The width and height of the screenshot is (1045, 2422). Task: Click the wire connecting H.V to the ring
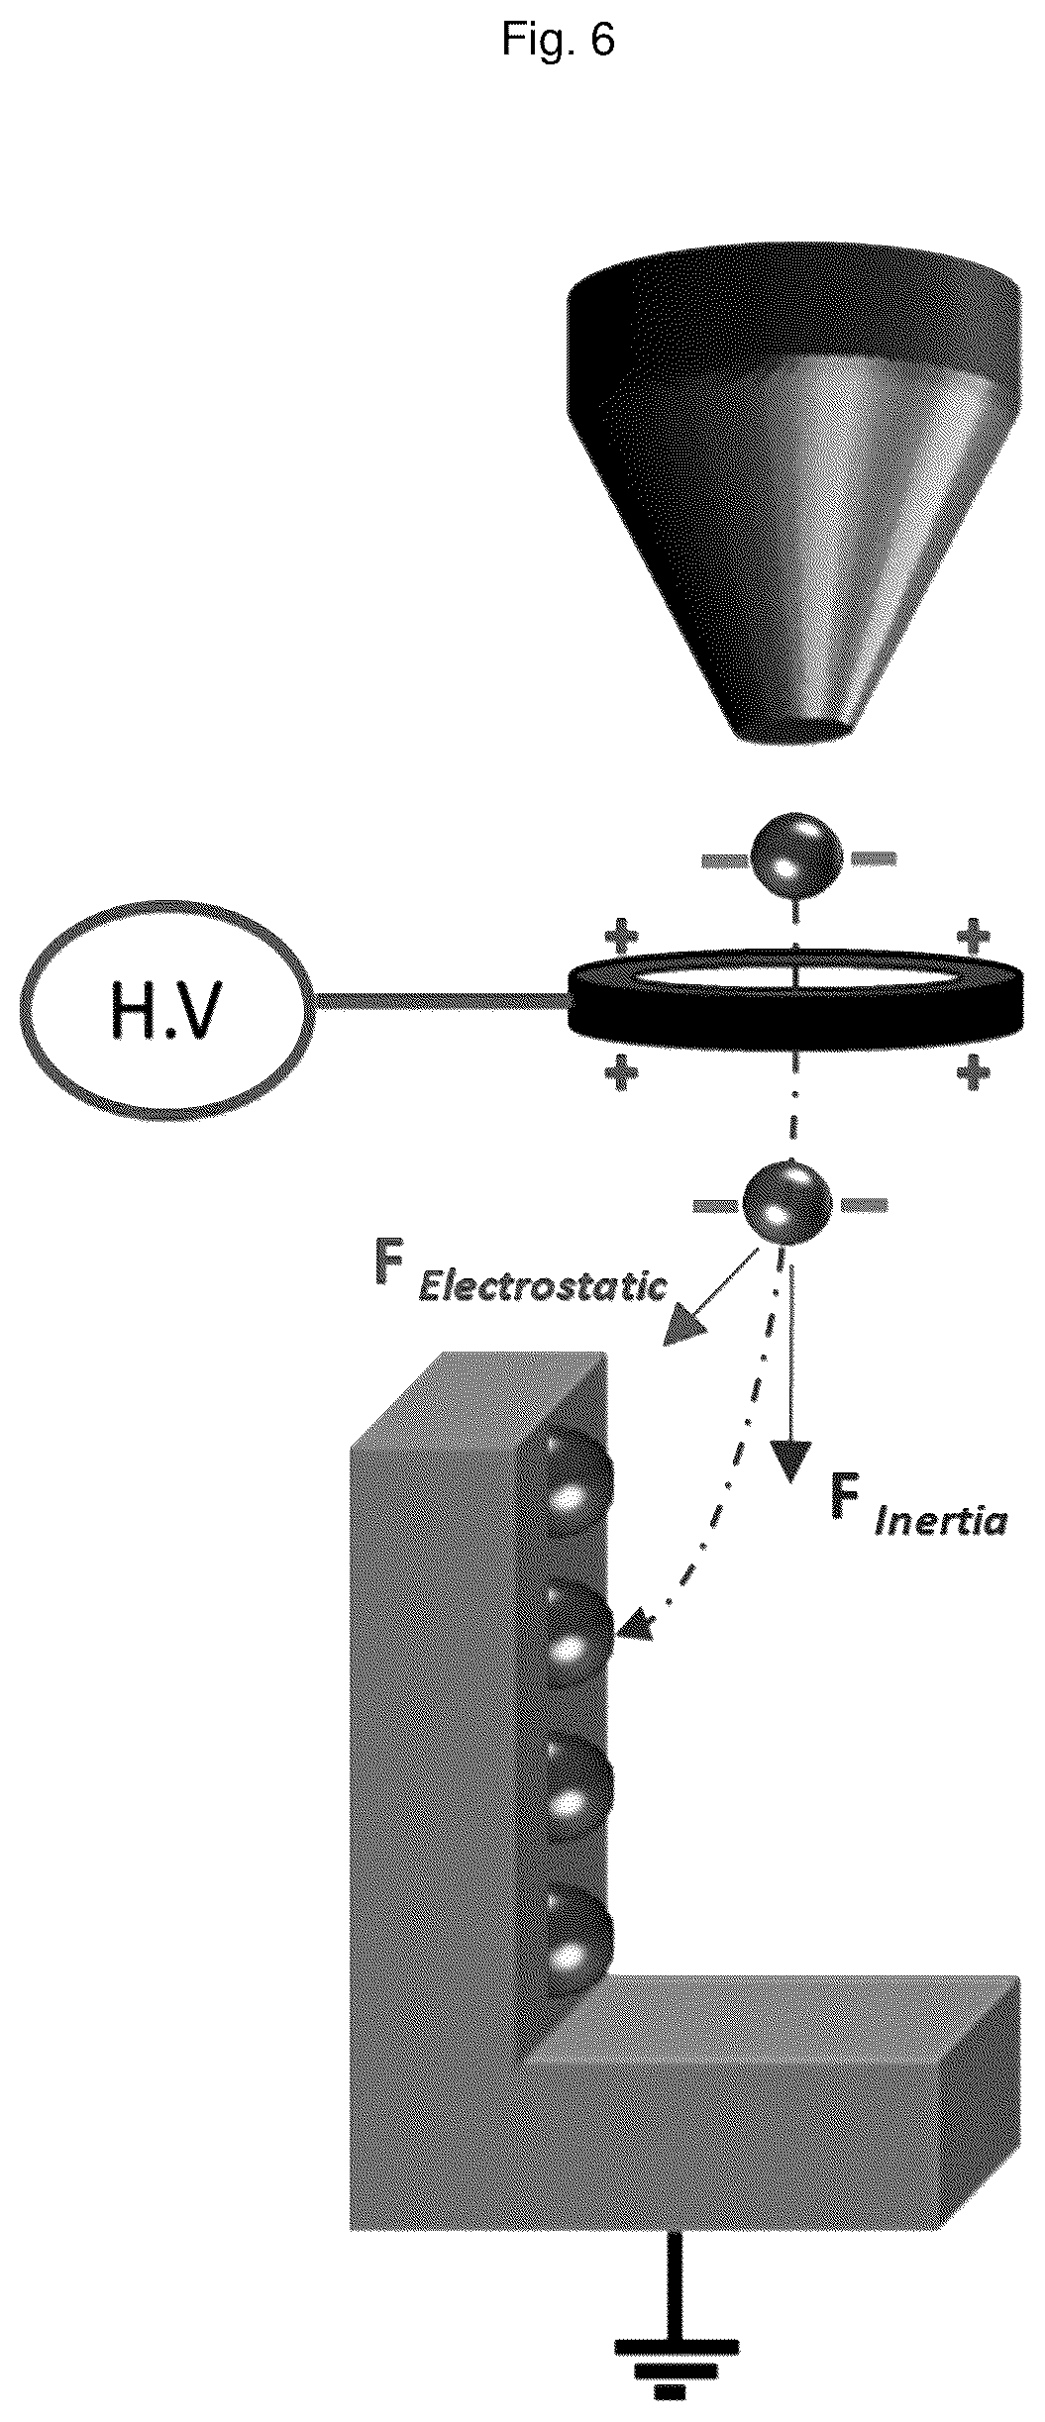442,1003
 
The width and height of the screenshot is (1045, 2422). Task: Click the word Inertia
939,1520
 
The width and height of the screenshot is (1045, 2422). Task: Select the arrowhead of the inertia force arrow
788,1462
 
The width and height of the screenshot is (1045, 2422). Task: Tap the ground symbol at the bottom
677,2367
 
